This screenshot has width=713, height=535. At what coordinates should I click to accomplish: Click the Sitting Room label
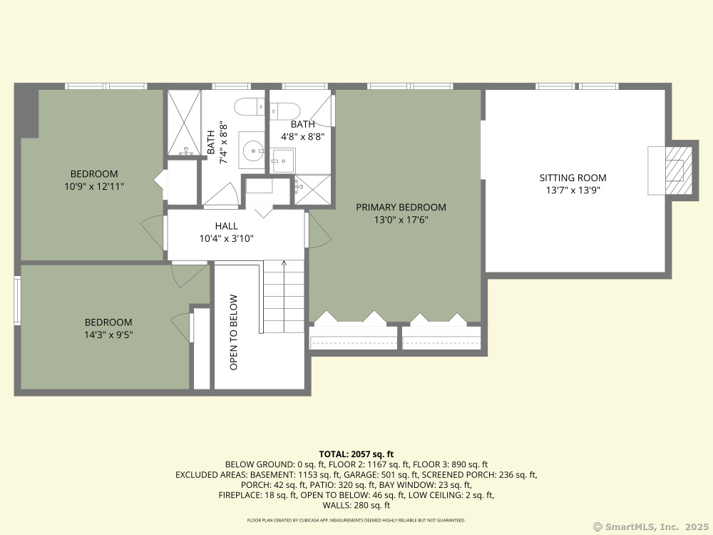(x=573, y=178)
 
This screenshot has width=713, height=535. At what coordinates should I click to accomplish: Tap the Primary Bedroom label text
(x=401, y=208)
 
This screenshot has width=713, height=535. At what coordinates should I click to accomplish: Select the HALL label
(x=227, y=226)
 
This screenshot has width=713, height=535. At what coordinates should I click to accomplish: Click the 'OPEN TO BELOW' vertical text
(x=234, y=332)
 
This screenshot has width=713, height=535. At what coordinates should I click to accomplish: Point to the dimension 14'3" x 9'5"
(x=108, y=335)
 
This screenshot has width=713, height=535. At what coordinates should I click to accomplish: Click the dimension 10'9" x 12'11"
(x=94, y=186)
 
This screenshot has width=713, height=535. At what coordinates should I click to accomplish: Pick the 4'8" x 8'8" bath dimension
(x=303, y=136)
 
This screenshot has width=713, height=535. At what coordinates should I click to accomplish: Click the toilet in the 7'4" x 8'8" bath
(x=249, y=108)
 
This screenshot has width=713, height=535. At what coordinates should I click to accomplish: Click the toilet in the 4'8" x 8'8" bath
(x=284, y=111)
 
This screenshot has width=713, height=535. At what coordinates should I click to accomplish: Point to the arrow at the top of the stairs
(x=284, y=263)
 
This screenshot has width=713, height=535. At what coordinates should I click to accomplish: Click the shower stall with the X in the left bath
(x=184, y=123)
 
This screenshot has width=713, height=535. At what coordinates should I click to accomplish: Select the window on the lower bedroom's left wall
(x=17, y=300)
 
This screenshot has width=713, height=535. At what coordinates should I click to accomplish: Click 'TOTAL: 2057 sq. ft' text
(x=356, y=454)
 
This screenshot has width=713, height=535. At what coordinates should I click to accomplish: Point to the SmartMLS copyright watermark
(x=651, y=527)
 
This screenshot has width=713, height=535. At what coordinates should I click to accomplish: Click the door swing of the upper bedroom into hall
(x=153, y=233)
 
